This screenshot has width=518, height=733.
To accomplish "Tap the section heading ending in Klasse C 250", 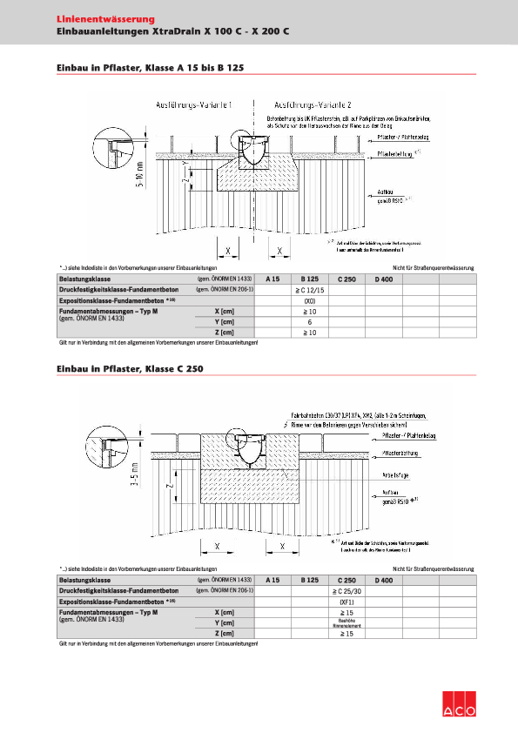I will click(129, 369).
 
